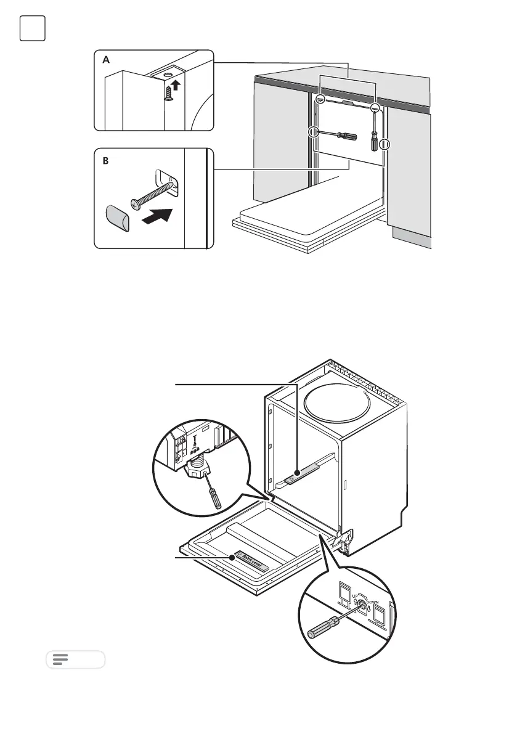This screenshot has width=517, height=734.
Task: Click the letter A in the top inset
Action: coord(105,60)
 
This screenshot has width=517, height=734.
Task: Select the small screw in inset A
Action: coord(169,93)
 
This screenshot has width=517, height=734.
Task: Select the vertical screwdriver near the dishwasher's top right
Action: coord(374,130)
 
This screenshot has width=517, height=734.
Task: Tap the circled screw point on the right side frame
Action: coord(386,145)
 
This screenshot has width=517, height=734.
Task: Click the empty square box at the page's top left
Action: coord(32,29)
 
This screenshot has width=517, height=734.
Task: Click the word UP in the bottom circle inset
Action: coord(354,597)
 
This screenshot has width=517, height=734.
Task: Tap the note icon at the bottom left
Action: coord(60,659)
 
